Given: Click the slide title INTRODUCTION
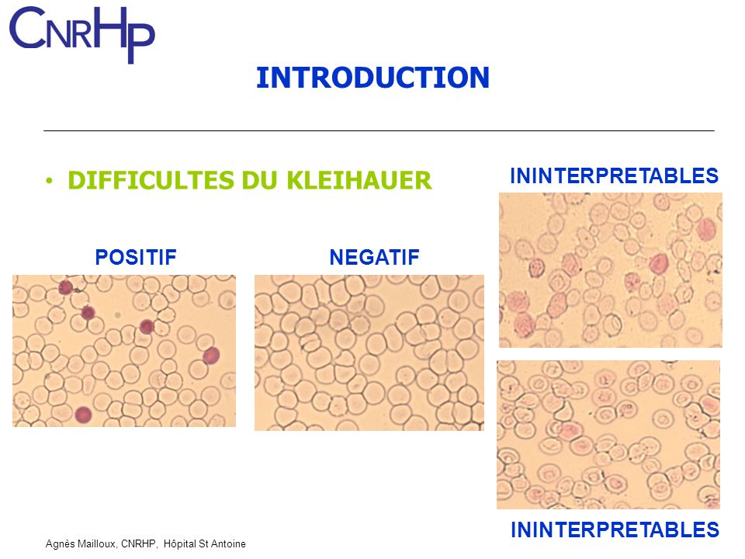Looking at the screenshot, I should point(372,78).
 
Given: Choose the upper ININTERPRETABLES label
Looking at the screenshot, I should point(615,175).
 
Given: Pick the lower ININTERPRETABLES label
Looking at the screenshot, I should point(615,530).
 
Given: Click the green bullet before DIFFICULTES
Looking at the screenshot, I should point(50,181).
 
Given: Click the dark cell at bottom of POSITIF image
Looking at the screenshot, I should point(83,415).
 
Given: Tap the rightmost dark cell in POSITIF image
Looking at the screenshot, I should point(211,356).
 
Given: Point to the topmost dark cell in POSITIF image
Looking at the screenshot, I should point(66,288).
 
